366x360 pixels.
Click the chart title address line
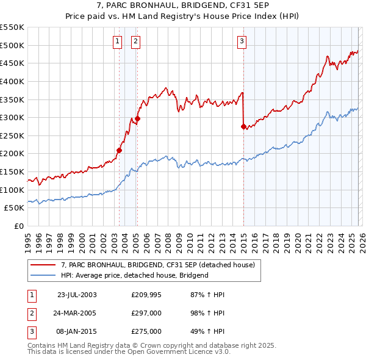coord(182,6)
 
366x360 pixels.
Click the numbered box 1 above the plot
coord(117,41)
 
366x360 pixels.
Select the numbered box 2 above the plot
coord(135,41)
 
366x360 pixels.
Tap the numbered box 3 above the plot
coord(242,41)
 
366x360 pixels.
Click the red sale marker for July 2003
coord(120,150)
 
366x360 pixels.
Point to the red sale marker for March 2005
coord(137,118)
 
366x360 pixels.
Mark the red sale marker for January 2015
coord(243,126)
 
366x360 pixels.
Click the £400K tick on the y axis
coord(12,81)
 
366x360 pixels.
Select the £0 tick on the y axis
coord(19,226)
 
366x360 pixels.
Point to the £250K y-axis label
coord(12,135)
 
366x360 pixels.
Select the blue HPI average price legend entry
coord(135,275)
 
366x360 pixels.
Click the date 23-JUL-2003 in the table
coord(77,295)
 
